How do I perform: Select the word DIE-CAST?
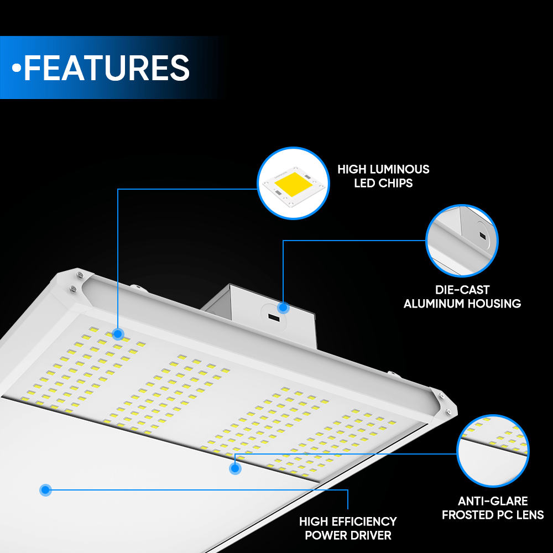coord(462,290)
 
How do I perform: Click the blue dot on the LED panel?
coord(117,333)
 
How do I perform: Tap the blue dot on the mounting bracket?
coord(283,307)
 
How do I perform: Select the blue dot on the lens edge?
coord(235,468)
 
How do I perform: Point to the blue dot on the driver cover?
coord(45,489)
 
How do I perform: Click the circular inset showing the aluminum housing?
coord(462,241)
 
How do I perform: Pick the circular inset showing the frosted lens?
coord(493,451)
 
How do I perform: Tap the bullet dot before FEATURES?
coord(17,68)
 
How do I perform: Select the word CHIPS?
coord(395,183)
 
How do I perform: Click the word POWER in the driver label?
coord(324,535)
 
